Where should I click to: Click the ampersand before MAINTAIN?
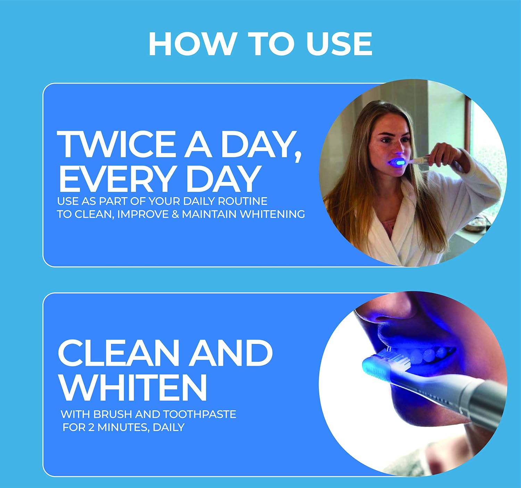(x=175, y=214)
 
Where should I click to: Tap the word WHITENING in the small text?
(x=272, y=214)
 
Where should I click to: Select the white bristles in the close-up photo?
(x=394, y=359)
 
